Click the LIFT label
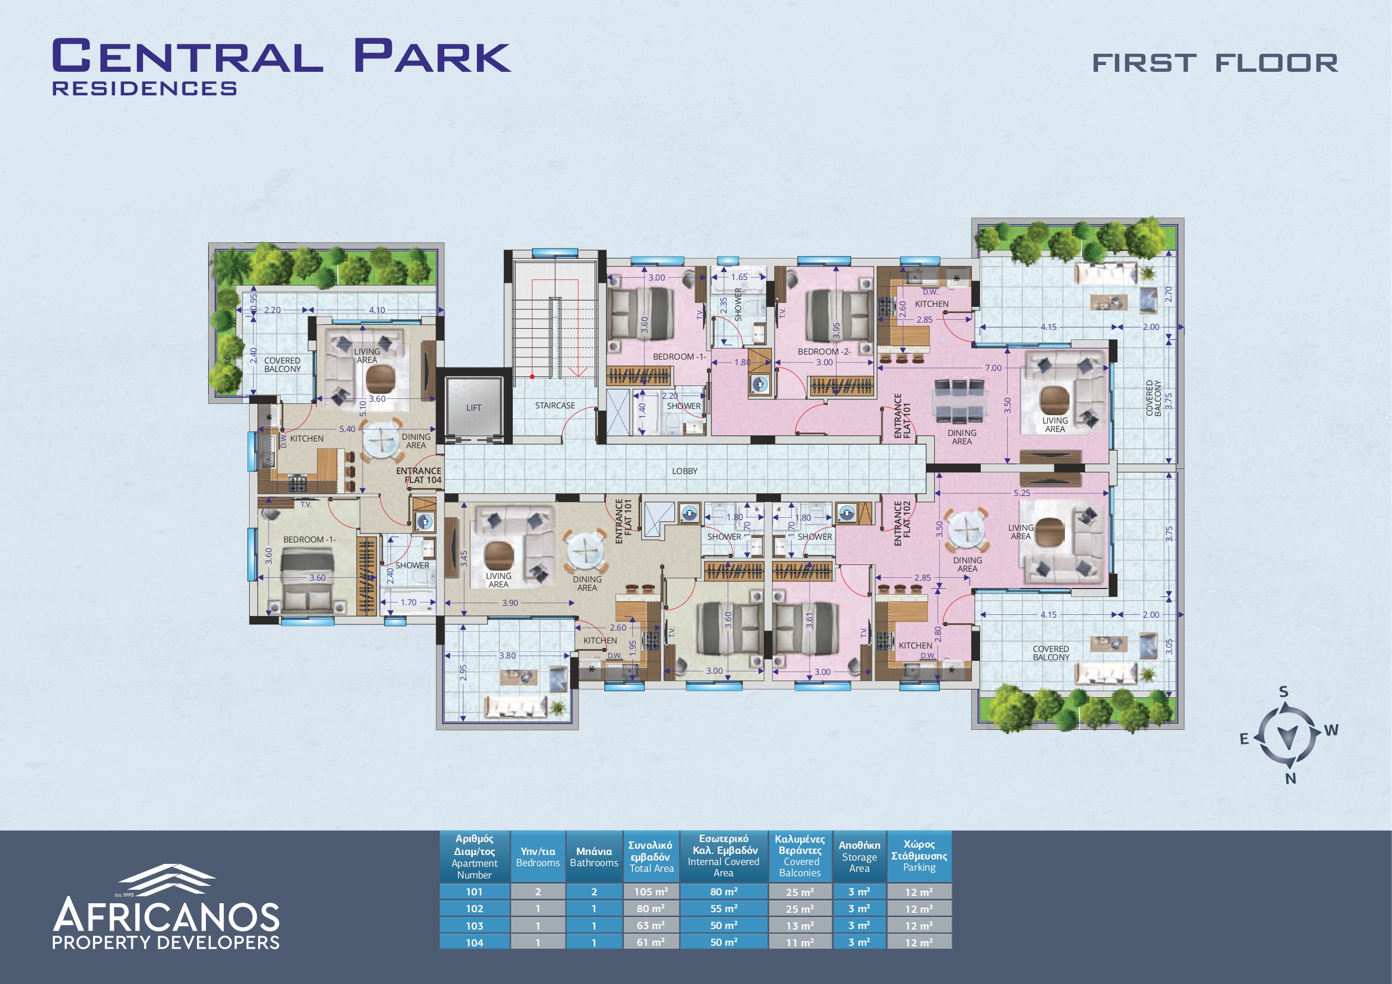click(474, 408)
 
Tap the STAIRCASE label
click(555, 406)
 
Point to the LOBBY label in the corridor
click(684, 471)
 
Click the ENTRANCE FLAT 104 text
click(419, 475)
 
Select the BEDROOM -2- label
click(824, 352)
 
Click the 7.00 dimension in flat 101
click(993, 368)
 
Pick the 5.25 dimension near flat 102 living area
click(1022, 493)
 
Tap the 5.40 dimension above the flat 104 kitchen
click(347, 429)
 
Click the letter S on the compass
click(1284, 692)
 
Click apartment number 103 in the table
click(475, 926)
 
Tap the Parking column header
click(919, 856)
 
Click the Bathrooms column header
click(594, 857)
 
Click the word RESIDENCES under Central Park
click(144, 89)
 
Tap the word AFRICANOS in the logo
click(166, 916)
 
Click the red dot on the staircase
click(532, 376)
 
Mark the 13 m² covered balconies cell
click(800, 926)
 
